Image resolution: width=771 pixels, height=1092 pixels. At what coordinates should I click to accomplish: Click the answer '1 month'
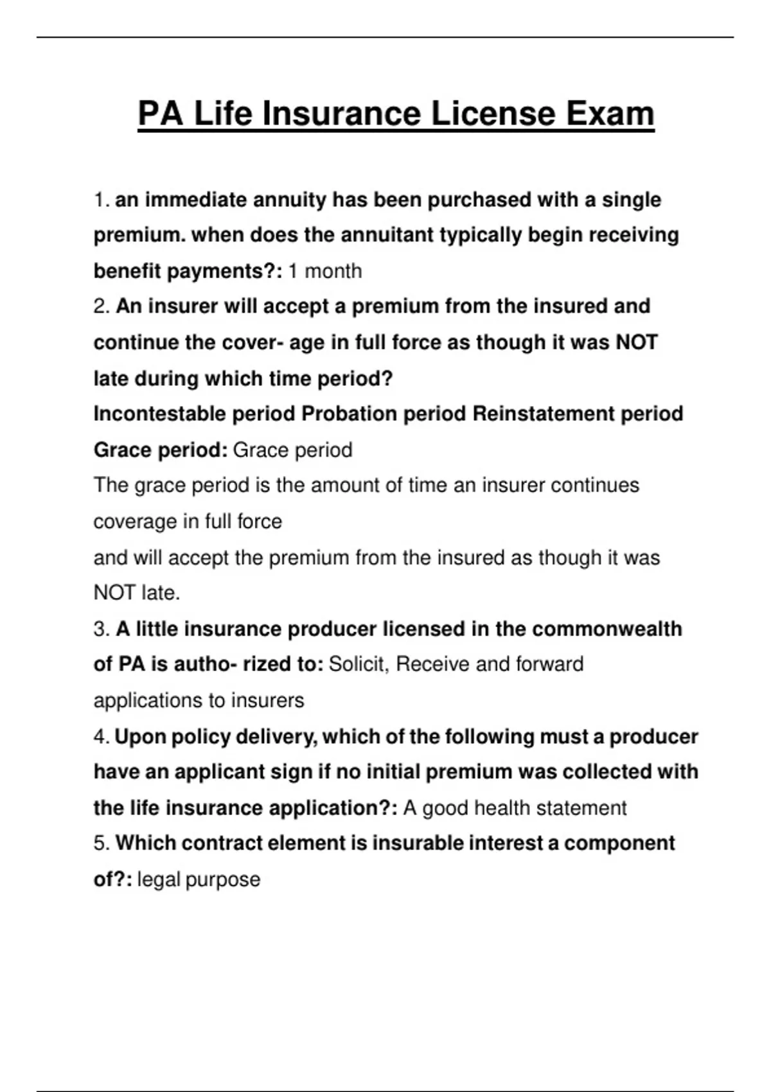click(x=324, y=271)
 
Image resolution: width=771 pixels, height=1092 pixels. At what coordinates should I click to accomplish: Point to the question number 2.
click(x=101, y=306)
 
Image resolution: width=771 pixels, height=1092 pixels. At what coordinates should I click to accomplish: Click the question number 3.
click(x=101, y=629)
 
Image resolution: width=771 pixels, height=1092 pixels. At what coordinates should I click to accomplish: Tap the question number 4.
click(x=101, y=737)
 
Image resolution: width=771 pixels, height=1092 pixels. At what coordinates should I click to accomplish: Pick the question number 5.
click(x=101, y=843)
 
